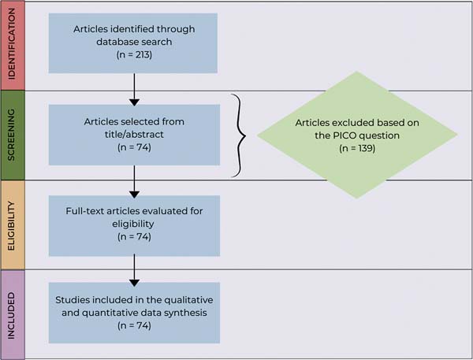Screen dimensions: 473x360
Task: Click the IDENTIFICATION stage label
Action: tap(12, 43)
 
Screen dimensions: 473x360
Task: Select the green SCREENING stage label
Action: tap(12, 135)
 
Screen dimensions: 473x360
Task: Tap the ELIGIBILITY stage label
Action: tap(12, 226)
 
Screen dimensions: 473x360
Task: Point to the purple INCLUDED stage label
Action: tap(12, 316)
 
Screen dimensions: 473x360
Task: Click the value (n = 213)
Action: tap(134, 54)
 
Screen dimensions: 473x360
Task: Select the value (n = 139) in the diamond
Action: tap(357, 148)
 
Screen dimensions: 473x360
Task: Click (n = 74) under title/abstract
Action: tap(134, 147)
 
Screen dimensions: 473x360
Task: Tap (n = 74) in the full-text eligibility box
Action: tap(134, 236)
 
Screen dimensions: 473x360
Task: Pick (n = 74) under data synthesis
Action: tap(134, 325)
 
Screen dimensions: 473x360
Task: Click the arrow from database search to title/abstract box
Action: tap(134, 90)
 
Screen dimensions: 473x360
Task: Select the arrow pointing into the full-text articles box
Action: tap(134, 181)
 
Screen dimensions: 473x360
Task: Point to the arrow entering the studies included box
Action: tap(134, 270)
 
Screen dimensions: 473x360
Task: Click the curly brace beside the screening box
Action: tap(239, 135)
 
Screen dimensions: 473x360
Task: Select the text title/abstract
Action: tap(134, 135)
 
